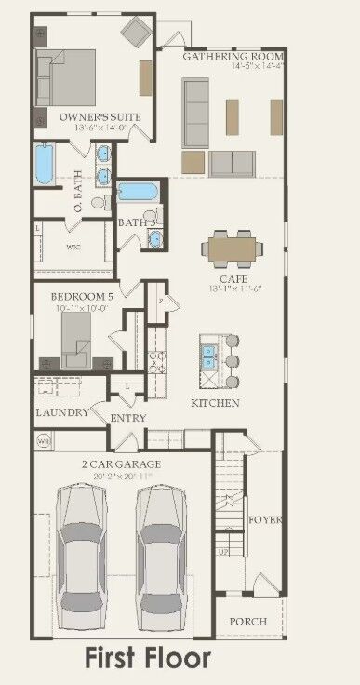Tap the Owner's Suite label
(91, 117)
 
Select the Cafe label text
(232, 278)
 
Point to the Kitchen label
(215, 403)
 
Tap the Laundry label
(62, 412)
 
